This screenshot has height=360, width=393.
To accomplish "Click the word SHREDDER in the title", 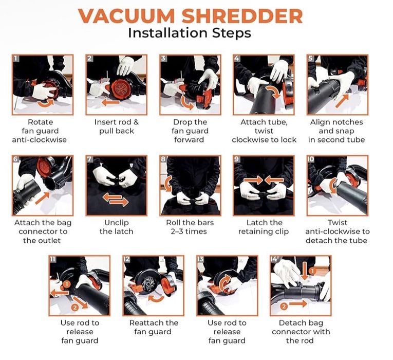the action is tap(242, 16).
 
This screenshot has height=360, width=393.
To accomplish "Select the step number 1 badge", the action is tap(16, 59).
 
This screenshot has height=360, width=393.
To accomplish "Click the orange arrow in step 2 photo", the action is tap(110, 102).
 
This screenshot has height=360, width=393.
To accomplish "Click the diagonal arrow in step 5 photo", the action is tap(342, 101).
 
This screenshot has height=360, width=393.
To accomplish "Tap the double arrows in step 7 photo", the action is tap(116, 199).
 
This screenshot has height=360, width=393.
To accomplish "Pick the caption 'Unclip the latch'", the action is tap(116, 227).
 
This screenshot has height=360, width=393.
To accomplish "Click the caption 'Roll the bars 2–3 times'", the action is tap(190, 227).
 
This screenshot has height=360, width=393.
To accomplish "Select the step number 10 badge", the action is tap(311, 159).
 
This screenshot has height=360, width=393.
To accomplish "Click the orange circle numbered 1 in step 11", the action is tap(67, 284).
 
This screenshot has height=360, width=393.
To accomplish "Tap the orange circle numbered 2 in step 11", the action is tap(74, 308).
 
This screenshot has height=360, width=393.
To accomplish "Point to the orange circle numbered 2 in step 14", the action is tap(284, 307).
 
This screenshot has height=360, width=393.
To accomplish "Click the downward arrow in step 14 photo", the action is tap(305, 271).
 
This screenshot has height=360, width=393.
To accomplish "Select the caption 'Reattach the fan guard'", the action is tap(154, 327).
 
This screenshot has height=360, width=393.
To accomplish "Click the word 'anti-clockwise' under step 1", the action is tap(40, 140).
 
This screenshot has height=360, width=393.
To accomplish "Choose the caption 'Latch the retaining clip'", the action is tap(264, 227).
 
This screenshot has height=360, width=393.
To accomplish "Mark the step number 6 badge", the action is tap(16, 159).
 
